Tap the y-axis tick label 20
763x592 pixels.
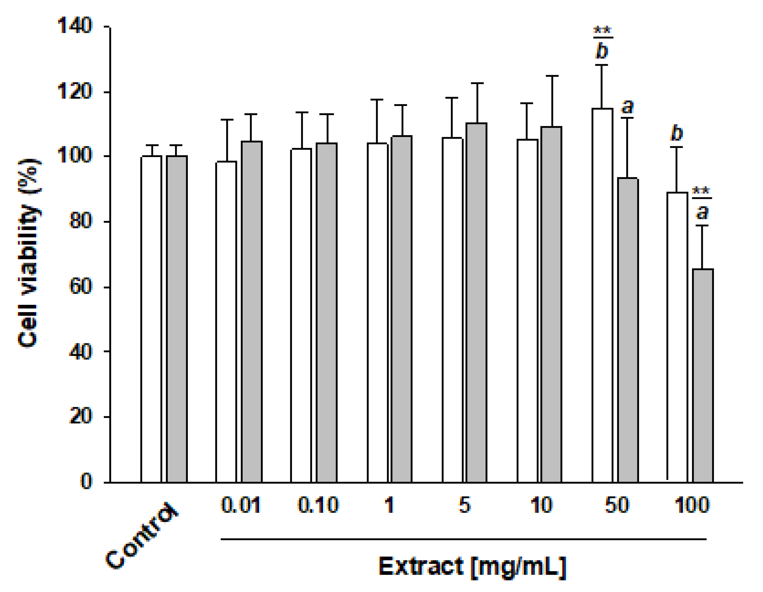80,416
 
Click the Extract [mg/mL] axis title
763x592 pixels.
472,567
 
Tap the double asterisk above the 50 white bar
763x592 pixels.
602,30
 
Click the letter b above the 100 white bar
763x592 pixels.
677,133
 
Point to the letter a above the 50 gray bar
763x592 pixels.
627,106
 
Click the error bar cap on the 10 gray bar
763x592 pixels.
552,76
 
